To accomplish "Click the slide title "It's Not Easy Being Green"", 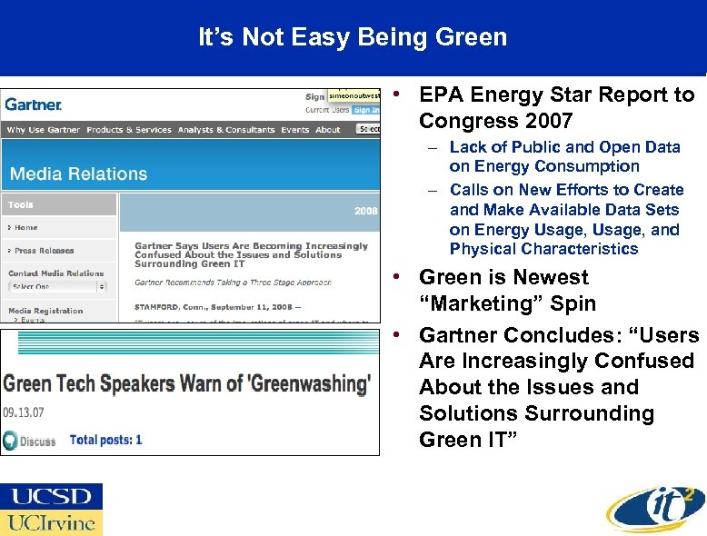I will coord(353,37).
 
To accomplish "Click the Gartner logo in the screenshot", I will coord(34,104).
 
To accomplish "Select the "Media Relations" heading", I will coord(78,174).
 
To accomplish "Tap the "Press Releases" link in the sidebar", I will coord(44,251).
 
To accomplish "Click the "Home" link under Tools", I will coord(26,228).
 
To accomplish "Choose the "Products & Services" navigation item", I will coord(129,130).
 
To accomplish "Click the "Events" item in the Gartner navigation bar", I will coord(294,130).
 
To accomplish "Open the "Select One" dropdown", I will coord(57,286).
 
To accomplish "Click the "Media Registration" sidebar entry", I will coord(45,310).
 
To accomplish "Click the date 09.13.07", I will coord(24,412).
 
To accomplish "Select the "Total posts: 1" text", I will coord(106,440).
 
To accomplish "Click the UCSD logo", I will coord(52,497).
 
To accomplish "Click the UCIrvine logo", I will coord(52,523).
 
